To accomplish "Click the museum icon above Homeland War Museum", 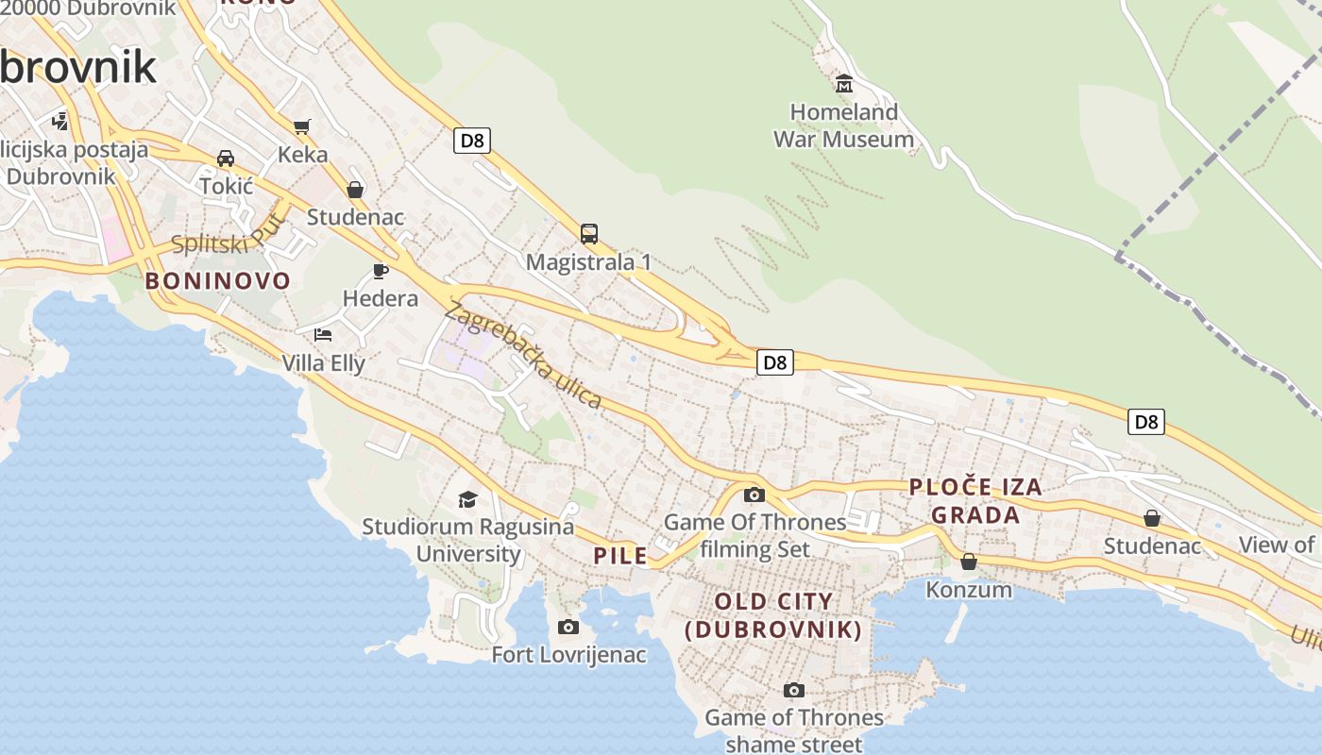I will pos(844,84).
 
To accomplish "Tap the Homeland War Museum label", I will pos(843,126).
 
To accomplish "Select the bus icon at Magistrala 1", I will pos(589,234).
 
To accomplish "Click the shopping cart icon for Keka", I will pos(302,126).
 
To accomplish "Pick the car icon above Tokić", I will pos(226,158).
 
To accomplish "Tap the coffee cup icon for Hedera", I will pos(381,272).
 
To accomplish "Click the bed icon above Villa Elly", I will pos(323,334).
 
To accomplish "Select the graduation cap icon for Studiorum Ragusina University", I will pos(467,499).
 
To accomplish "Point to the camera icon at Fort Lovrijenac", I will pos(568,627).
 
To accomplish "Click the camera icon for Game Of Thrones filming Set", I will pos(754,495).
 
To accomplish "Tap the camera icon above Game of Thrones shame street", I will pos(794,690).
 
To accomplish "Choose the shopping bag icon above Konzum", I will pos(969,562).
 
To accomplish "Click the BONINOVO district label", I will pos(217,280).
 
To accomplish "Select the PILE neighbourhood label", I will pos(620,556).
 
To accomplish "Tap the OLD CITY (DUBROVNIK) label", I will pos(773,615).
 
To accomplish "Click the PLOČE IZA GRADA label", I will pos(975,500).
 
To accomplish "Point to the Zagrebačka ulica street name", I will pos(525,355).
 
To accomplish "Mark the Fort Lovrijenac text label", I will pos(568,654).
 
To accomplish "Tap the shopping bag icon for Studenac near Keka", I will pos(355,190).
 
